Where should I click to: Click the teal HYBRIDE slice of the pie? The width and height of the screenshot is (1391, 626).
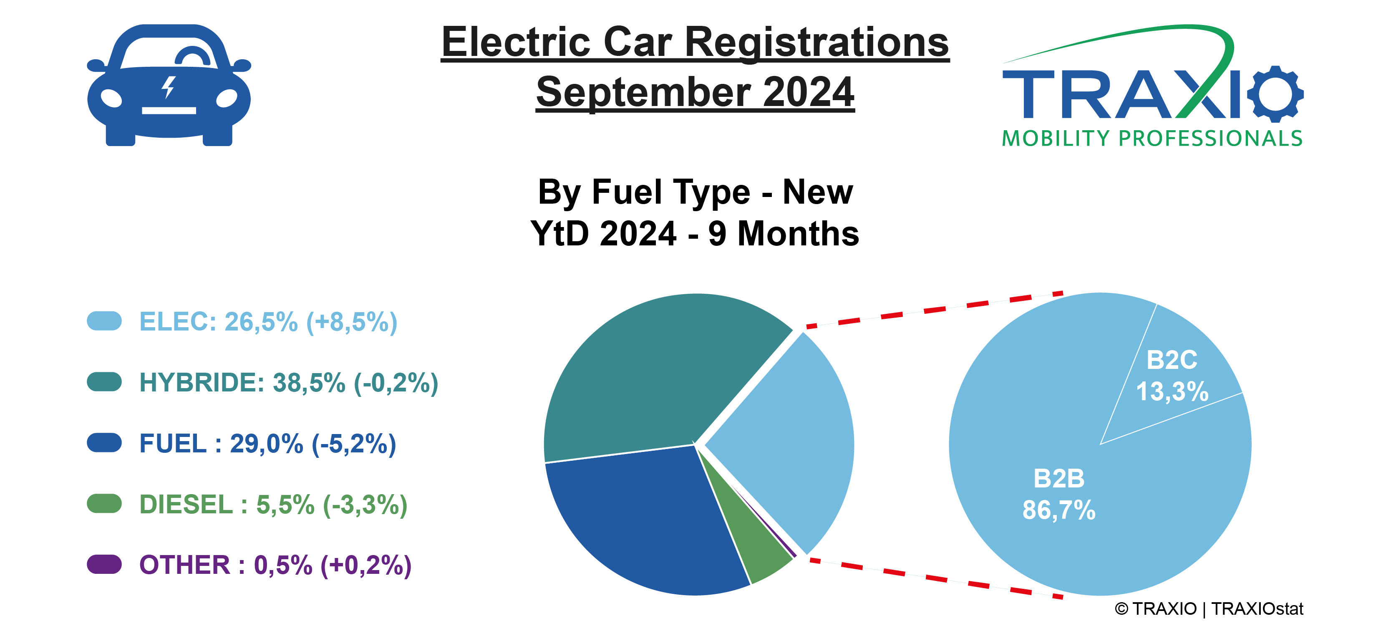coord(648,378)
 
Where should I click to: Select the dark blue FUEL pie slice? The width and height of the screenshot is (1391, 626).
coord(648,518)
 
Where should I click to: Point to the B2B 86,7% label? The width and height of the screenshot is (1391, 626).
coord(1059,494)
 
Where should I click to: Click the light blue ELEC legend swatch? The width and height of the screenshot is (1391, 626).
coord(104,321)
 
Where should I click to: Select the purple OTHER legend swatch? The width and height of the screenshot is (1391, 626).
coord(104,564)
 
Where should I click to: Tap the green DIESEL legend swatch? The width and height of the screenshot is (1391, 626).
coord(104,503)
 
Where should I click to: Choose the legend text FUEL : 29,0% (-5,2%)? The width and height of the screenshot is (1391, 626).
coord(267,444)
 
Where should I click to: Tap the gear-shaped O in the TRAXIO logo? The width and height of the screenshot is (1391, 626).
coord(1275,93)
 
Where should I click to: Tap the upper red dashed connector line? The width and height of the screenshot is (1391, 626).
coord(934,310)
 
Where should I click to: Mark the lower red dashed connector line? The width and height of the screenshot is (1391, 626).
coord(934,578)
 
